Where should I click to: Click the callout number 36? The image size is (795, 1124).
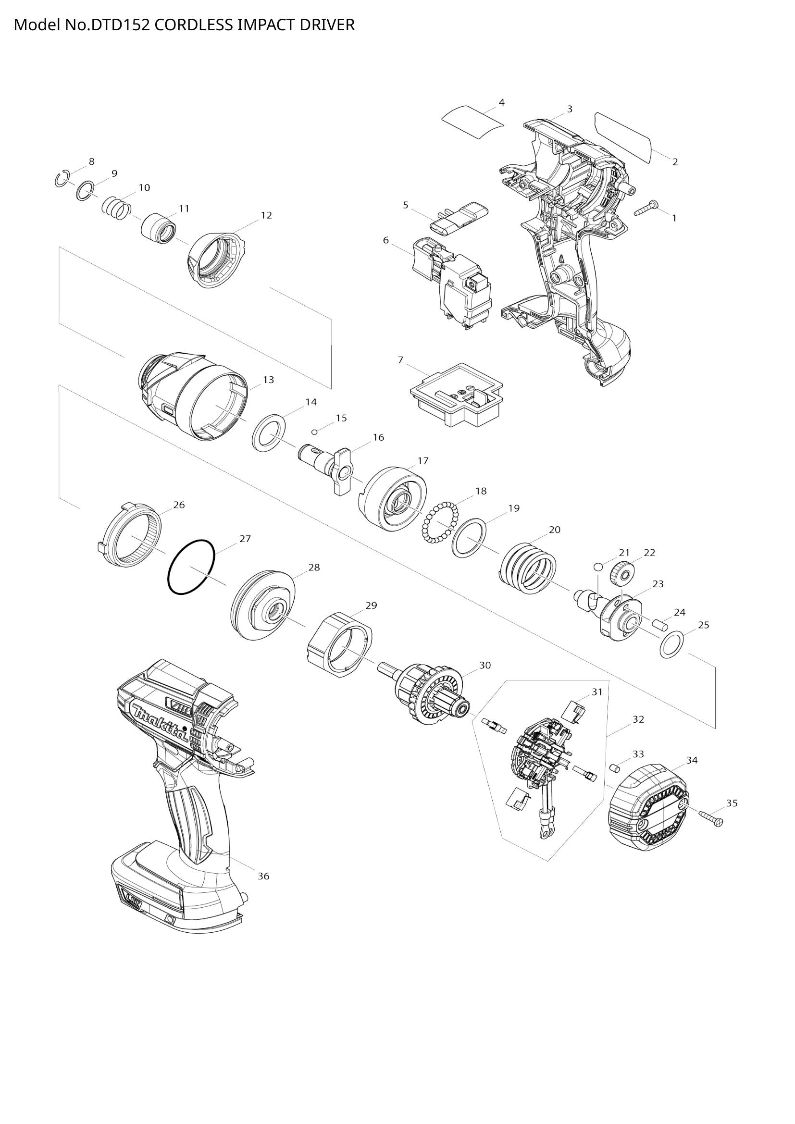[x=263, y=877]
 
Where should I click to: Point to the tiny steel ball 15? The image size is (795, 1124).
[x=315, y=432]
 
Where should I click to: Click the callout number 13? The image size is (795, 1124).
[x=268, y=380]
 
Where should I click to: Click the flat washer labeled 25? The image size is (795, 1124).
[x=671, y=645]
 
